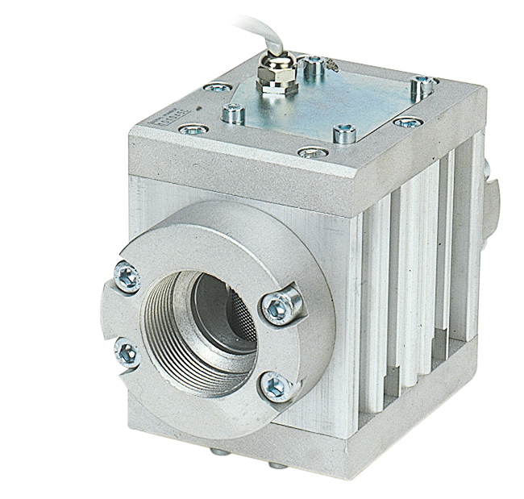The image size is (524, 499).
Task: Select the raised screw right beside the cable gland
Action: click(x=314, y=66)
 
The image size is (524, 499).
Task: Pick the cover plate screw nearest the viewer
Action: click(x=344, y=133)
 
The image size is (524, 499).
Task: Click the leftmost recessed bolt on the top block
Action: click(x=193, y=128)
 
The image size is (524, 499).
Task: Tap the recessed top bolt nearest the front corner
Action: click(x=312, y=152)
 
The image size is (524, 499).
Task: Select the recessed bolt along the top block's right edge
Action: click(x=408, y=123)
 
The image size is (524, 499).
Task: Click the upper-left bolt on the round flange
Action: click(x=128, y=277)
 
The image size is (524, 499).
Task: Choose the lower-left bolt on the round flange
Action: click(x=127, y=352)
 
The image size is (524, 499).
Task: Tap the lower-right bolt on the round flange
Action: click(x=275, y=386)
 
